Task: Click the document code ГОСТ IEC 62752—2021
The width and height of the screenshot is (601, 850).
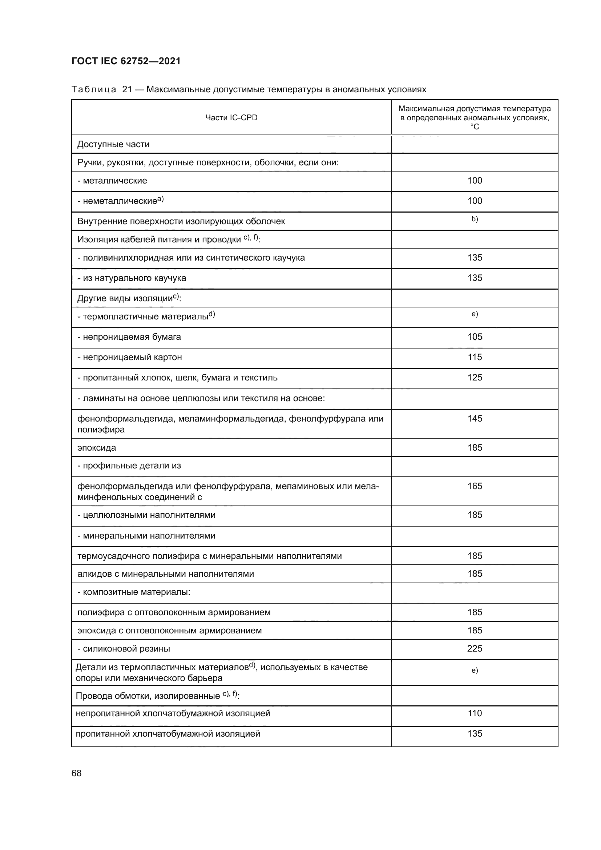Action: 126,61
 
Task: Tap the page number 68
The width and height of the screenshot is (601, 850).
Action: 77,773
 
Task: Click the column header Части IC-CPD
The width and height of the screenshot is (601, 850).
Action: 231,118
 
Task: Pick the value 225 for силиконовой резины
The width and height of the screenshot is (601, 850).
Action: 475,648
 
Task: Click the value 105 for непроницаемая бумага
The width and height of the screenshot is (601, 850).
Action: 475,337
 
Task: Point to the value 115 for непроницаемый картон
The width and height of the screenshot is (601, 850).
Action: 475,357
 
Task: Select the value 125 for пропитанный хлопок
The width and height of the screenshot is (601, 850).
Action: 475,377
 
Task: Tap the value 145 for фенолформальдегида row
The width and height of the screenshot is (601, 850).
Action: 475,418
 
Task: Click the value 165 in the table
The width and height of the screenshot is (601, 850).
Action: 475,486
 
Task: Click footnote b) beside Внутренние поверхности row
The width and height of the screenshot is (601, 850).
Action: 475,219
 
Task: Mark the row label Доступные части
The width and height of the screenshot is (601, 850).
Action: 113,144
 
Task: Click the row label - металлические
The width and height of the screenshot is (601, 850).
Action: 112,181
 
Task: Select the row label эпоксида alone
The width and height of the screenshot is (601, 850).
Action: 97,448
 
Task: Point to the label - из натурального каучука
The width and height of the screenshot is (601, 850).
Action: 132,278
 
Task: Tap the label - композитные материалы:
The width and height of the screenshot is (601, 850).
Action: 134,592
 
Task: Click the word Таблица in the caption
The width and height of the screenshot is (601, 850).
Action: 94,90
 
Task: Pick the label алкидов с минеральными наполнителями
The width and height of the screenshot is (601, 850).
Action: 165,574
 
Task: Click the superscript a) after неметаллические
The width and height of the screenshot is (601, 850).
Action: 161,200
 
